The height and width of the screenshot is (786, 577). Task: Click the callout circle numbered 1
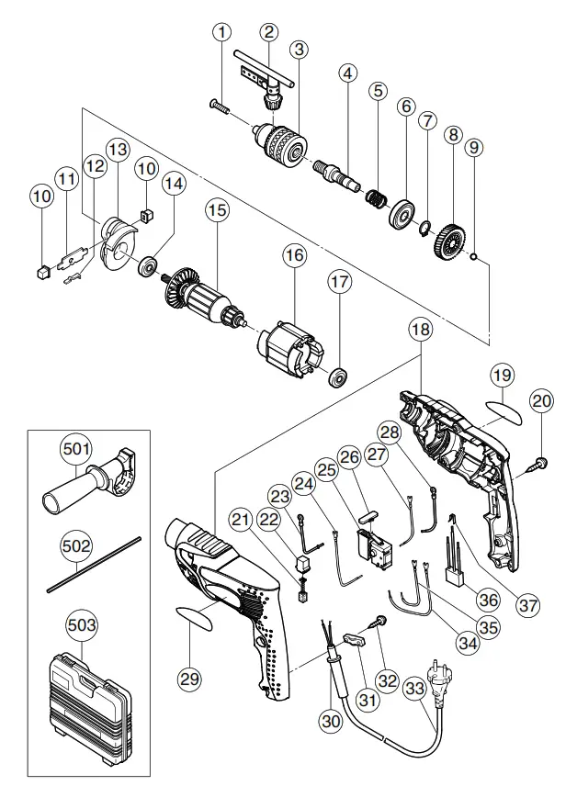pyautogui.click(x=221, y=32)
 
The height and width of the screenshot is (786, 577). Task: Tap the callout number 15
pyautogui.click(x=216, y=210)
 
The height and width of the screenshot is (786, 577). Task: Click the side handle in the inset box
pyautogui.click(x=92, y=482)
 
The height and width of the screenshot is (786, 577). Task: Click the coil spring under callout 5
pyautogui.click(x=376, y=196)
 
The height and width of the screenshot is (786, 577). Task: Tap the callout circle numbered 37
pyautogui.click(x=527, y=605)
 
